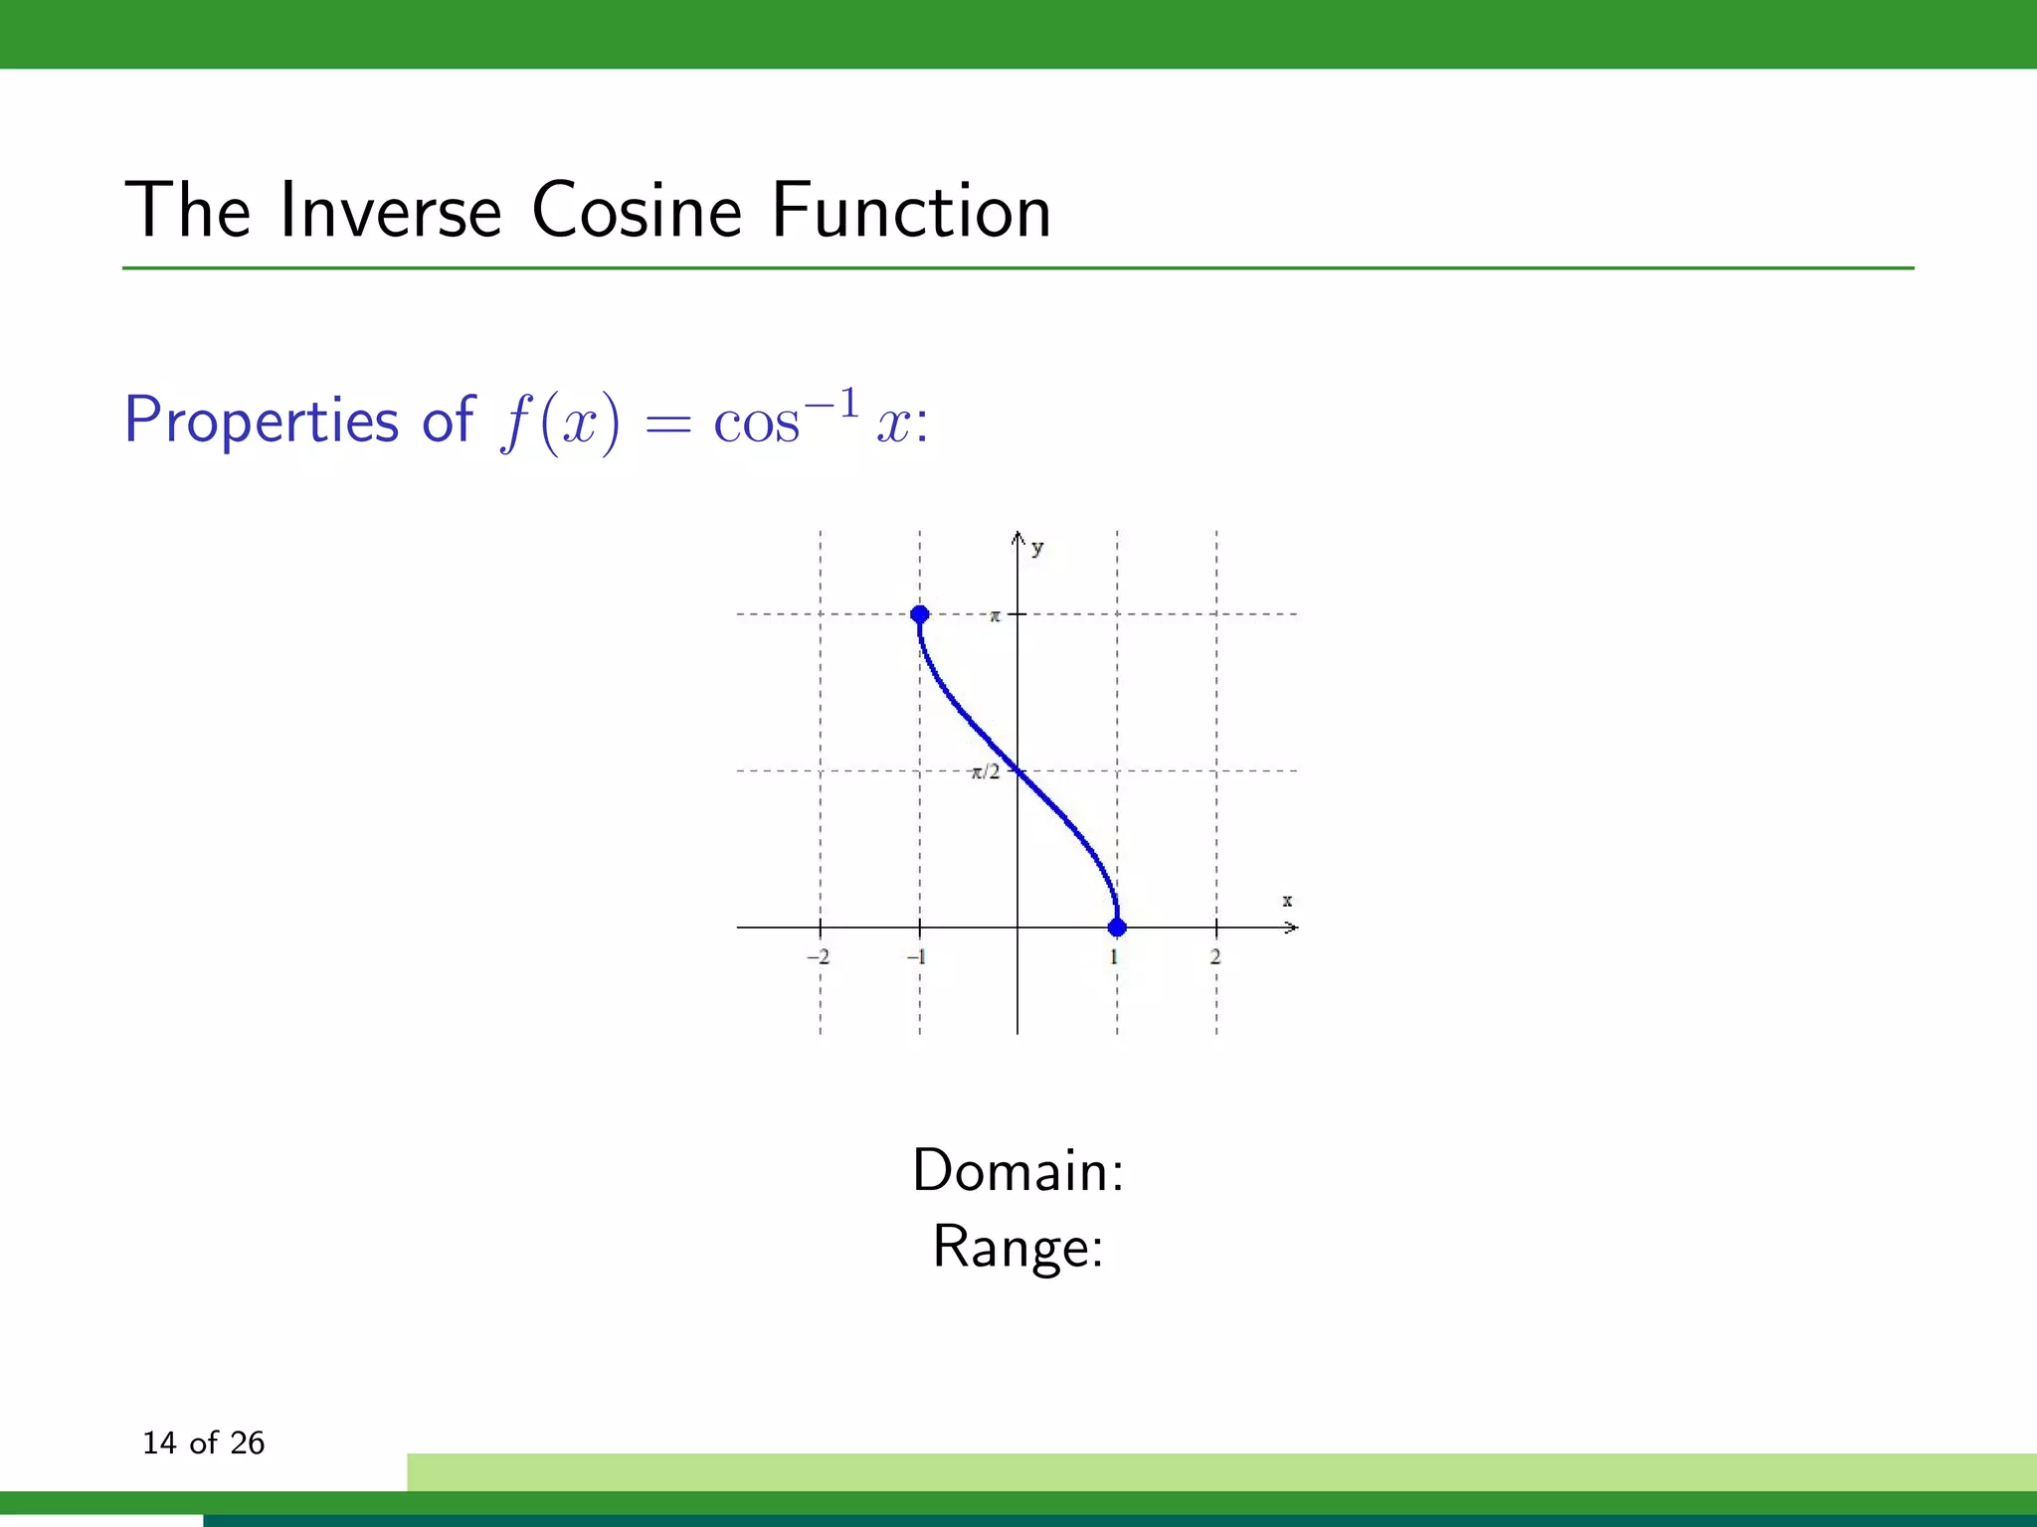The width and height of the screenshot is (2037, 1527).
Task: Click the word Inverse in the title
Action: [x=390, y=211]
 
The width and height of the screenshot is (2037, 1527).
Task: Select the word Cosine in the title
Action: [x=637, y=211]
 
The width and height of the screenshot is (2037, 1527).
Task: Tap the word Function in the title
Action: [x=911, y=211]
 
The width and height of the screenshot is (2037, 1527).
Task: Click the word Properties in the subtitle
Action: [x=262, y=420]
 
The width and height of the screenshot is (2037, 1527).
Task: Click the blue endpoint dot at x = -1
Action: [x=920, y=614]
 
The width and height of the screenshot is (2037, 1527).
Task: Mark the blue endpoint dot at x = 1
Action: [x=1117, y=928]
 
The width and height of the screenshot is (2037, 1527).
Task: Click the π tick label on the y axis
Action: [x=995, y=616]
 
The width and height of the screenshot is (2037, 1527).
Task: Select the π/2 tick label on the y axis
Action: [x=986, y=772]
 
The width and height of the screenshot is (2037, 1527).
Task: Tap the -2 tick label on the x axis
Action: [x=818, y=957]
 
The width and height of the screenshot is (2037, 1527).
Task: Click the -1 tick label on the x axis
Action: [x=916, y=957]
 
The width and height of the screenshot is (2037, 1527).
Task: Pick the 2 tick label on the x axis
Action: [x=1215, y=957]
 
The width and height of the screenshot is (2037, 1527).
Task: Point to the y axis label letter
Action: [x=1037, y=548]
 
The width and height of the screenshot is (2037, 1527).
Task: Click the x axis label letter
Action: [x=1287, y=901]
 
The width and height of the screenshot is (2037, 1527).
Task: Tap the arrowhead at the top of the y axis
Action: [x=1018, y=539]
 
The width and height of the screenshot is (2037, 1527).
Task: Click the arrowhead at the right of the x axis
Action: [x=1291, y=928]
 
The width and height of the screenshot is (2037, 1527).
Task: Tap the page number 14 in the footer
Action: [x=159, y=1442]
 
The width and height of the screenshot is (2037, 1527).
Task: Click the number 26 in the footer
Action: [x=247, y=1442]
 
